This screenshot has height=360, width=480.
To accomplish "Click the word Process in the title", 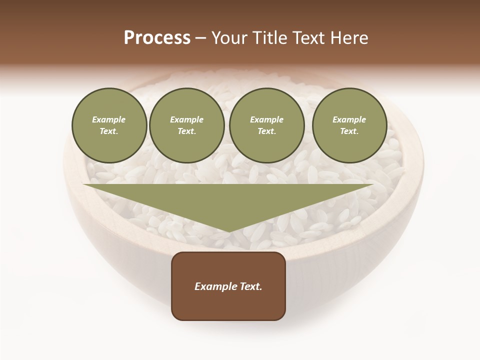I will pyautogui.click(x=157, y=38).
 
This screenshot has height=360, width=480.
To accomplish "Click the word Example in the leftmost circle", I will pyautogui.click(x=109, y=119).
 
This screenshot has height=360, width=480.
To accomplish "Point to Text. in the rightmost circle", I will pyautogui.click(x=349, y=131).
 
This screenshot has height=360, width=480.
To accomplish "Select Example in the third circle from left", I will pyautogui.click(x=267, y=119).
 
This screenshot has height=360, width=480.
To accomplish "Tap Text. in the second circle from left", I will pyautogui.click(x=187, y=131).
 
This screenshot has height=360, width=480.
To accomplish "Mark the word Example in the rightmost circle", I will pyautogui.click(x=349, y=119).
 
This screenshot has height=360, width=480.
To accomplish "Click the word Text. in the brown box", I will pyautogui.click(x=251, y=286).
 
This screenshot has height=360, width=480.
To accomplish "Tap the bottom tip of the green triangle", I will pyautogui.click(x=228, y=231).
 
